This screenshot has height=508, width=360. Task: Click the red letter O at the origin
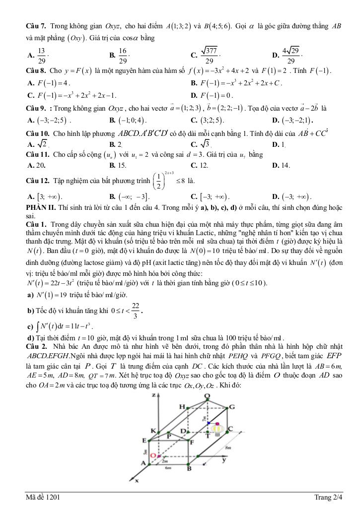click(153, 455)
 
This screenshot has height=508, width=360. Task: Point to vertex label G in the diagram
click(231, 407)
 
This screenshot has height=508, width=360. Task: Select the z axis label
click(154, 395)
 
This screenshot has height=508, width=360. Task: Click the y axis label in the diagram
click(224, 460)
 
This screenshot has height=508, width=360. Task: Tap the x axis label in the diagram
click(137, 480)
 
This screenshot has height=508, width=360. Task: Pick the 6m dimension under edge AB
click(169, 467)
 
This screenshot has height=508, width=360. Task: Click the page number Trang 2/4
click(328, 498)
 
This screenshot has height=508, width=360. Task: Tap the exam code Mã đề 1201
click(45, 498)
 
